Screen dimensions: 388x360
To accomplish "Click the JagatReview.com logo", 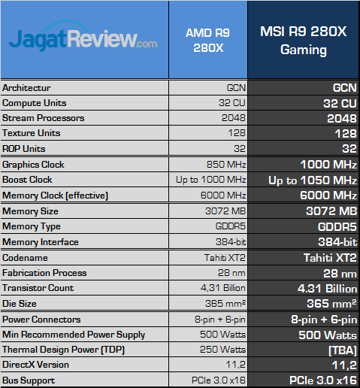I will [83, 38].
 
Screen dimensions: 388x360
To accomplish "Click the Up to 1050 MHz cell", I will [312, 180].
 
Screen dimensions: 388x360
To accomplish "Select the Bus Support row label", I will [29, 380].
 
